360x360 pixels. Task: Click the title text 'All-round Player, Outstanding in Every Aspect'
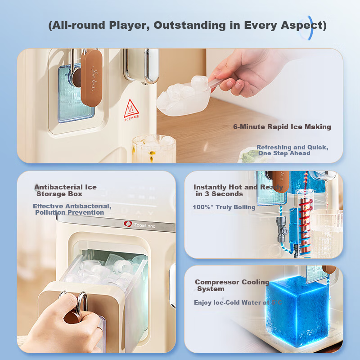pyautogui.click(x=187, y=25)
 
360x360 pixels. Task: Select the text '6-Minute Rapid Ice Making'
pyautogui.click(x=282, y=127)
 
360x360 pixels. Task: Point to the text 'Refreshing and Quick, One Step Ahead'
pyautogui.click(x=292, y=150)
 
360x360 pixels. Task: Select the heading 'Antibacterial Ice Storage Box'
pyautogui.click(x=65, y=190)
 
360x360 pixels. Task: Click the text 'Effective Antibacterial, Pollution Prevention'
pyautogui.click(x=72, y=209)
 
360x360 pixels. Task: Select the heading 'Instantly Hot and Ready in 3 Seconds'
pyautogui.click(x=238, y=190)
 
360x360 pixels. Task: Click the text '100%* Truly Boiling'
pyautogui.click(x=224, y=207)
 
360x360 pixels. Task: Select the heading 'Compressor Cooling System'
pyautogui.click(x=231, y=285)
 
